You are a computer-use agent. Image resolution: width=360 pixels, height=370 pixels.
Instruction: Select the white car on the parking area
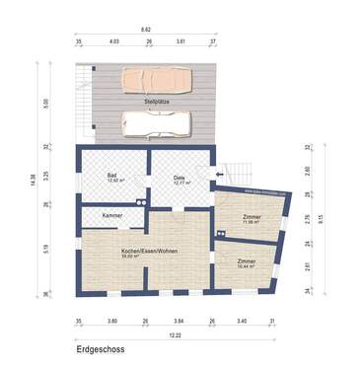pyautogui.click(x=156, y=121)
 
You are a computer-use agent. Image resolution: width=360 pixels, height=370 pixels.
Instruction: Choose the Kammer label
pyautogui.click(x=111, y=214)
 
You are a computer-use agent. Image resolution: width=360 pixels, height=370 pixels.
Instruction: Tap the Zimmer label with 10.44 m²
pyautogui.click(x=246, y=262)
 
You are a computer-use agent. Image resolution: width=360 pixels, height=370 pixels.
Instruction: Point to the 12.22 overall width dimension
pyautogui.click(x=176, y=335)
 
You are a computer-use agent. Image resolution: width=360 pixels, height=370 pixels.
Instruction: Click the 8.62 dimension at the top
pyautogui.click(x=145, y=32)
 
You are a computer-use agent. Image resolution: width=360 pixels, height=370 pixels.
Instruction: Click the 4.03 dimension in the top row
pyautogui.click(x=113, y=43)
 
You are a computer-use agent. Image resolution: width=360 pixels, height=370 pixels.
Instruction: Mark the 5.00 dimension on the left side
pyautogui.click(x=46, y=103)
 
